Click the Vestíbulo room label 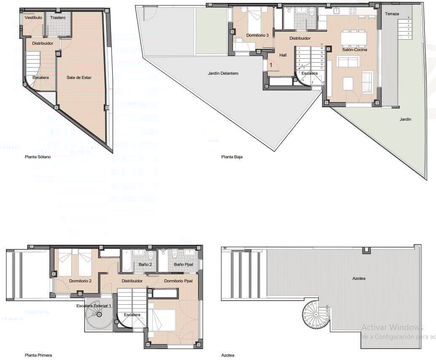click(x=33, y=18)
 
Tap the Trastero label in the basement click(x=58, y=18)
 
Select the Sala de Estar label click(x=79, y=77)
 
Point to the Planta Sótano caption click(x=38, y=157)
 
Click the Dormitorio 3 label click(x=258, y=35)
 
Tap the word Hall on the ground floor click(x=283, y=55)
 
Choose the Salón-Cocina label click(x=355, y=49)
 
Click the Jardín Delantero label click(x=223, y=73)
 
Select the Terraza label click(x=392, y=14)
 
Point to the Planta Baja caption click(x=232, y=157)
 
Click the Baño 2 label click(x=145, y=265)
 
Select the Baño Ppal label click(x=183, y=265)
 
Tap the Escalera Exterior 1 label click(x=94, y=306)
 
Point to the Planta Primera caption click(x=38, y=355)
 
